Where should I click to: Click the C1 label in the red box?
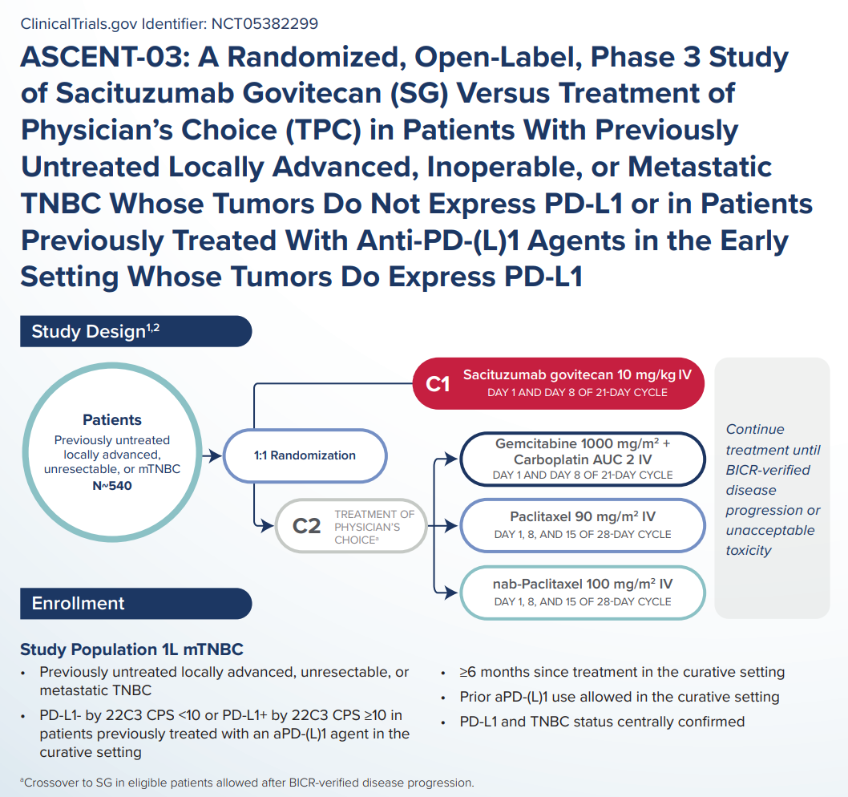click(x=438, y=384)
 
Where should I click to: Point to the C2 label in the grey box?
click(x=307, y=526)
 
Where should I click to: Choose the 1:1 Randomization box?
click(x=305, y=455)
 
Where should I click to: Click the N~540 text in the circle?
click(x=111, y=486)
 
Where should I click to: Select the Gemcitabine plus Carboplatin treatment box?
click(x=583, y=459)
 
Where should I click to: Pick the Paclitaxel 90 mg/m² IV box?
click(x=583, y=524)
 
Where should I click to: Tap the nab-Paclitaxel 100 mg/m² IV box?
click(x=583, y=592)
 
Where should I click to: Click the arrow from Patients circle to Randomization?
click(x=212, y=455)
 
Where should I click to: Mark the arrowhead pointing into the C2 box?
click(x=268, y=526)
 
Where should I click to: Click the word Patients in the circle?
click(x=111, y=419)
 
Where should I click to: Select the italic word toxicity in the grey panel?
click(x=749, y=550)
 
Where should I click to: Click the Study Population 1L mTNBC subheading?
click(x=131, y=649)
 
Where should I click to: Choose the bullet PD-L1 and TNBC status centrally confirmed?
click(x=602, y=722)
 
